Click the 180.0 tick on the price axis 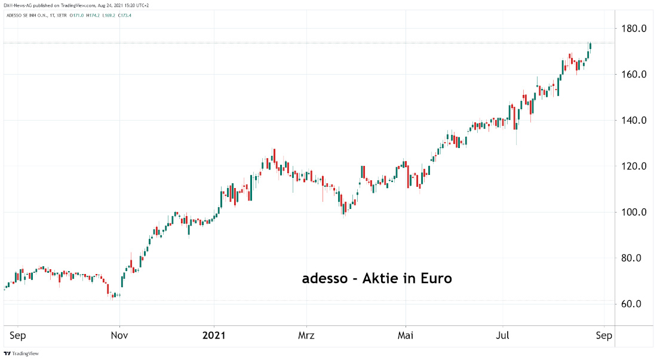[635, 28]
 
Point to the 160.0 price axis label [635, 75]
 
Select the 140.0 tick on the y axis [635, 120]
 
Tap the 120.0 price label [635, 166]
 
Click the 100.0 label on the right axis [635, 212]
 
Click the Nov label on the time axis [119, 336]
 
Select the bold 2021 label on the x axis [214, 336]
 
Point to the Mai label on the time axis [406, 336]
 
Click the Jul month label [502, 336]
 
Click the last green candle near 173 [590, 47]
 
